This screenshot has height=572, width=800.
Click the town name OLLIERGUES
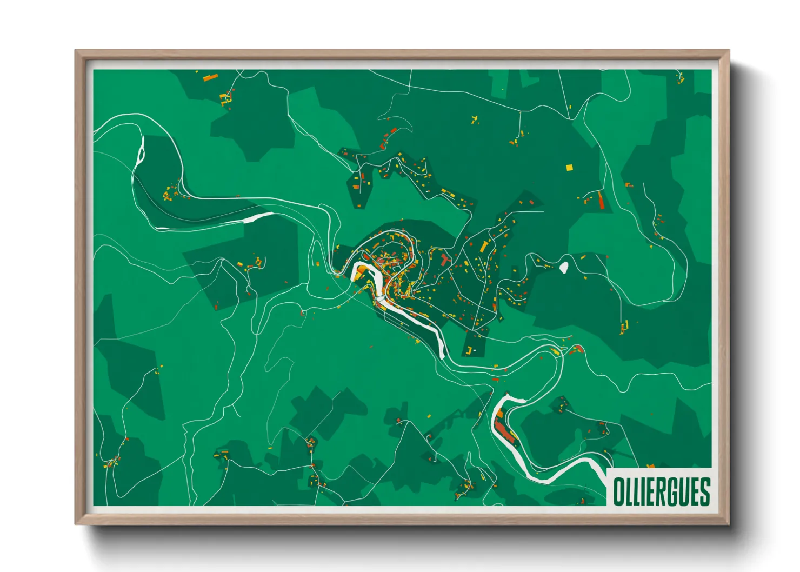pyautogui.click(x=661, y=491)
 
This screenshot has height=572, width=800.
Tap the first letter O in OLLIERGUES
pyautogui.click(x=618, y=492)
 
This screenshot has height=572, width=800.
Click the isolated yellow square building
pyautogui.click(x=569, y=168)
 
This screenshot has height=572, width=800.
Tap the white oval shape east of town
pyautogui.click(x=564, y=267)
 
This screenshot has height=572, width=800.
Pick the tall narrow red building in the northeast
pyautogui.click(x=600, y=201)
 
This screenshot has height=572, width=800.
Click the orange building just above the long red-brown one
pyautogui.click(x=499, y=414)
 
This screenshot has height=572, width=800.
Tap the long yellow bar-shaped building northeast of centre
pyautogui.click(x=484, y=247)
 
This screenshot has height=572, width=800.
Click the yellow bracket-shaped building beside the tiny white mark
pyautogui.click(x=470, y=347)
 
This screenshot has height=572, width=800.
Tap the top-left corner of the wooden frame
pyautogui.click(x=76, y=51)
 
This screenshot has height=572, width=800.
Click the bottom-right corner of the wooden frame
pyautogui.click(x=729, y=523)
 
